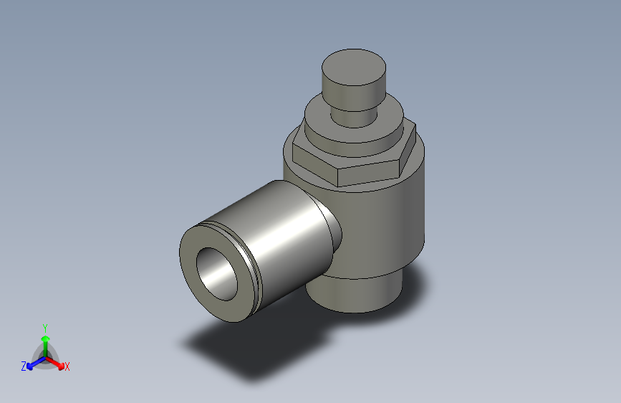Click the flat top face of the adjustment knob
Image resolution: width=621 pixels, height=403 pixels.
(353, 67)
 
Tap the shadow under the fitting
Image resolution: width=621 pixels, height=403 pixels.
(236, 351)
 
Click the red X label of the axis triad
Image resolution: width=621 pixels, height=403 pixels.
(67, 367)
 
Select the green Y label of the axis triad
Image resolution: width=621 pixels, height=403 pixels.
(44, 326)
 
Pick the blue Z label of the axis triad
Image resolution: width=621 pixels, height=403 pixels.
(23, 366)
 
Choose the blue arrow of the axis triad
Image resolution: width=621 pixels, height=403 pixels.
(32, 363)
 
